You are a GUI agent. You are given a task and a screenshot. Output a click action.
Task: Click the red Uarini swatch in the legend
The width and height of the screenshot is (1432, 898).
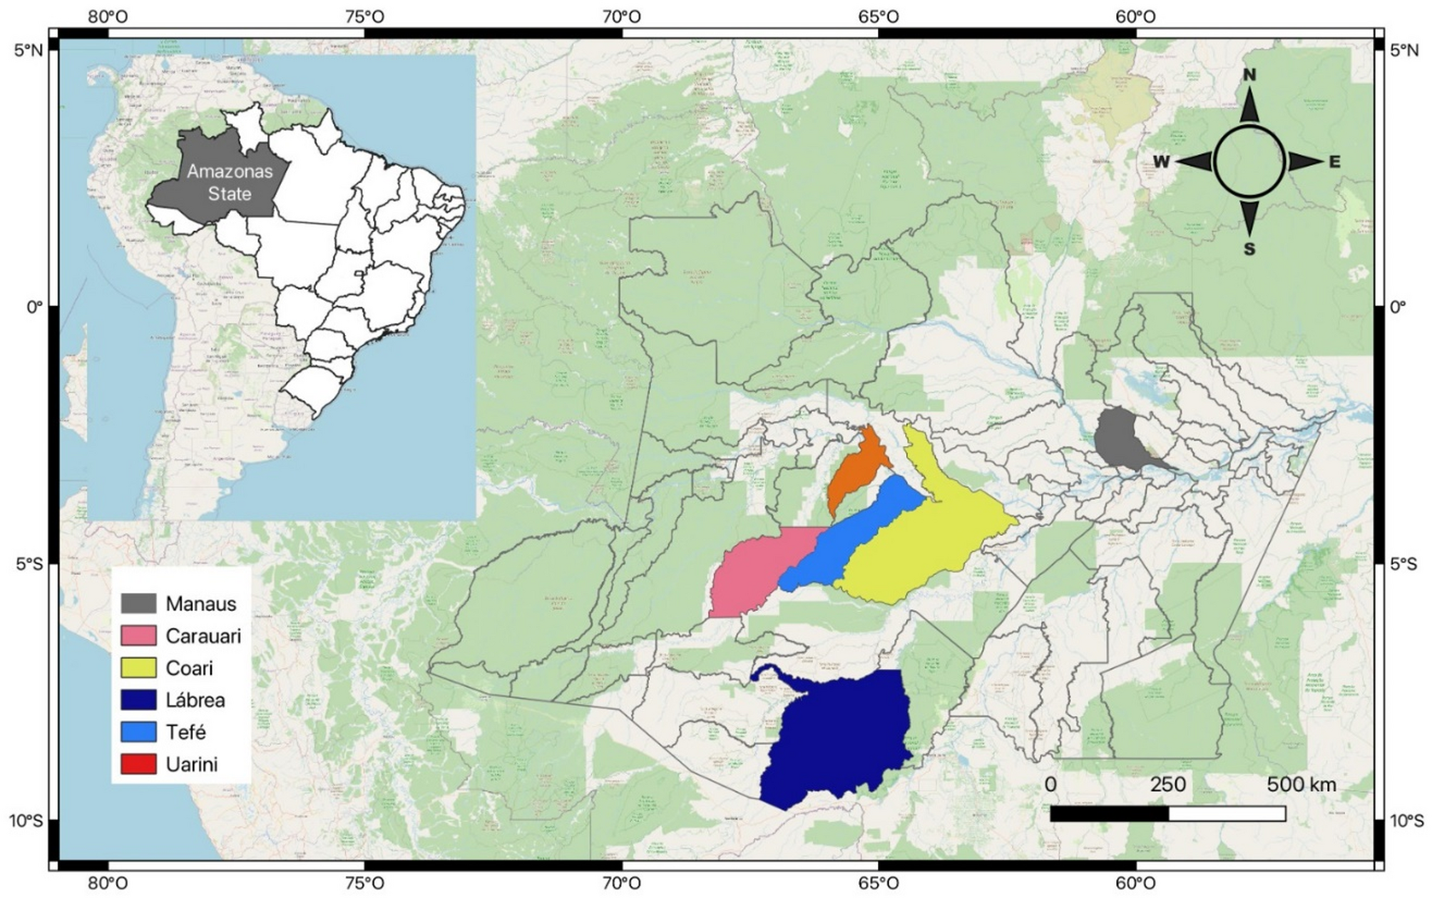[138, 764]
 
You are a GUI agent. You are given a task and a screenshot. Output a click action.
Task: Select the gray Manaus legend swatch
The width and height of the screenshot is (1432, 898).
[138, 603]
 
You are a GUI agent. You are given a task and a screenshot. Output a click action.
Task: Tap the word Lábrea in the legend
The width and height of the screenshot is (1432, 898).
[195, 700]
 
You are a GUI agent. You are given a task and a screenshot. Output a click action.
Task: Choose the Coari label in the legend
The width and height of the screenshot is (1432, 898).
[189, 668]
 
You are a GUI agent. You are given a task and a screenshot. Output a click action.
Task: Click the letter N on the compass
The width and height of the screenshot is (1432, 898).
[1249, 76]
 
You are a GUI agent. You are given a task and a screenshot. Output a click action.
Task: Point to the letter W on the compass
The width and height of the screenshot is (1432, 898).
[1162, 162]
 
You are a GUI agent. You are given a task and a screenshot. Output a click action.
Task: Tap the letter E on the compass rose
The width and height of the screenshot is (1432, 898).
[1334, 162]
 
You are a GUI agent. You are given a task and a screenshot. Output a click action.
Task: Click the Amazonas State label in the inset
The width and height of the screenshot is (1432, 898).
[230, 183]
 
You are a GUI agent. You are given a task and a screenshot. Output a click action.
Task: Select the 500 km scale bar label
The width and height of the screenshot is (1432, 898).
[1301, 785]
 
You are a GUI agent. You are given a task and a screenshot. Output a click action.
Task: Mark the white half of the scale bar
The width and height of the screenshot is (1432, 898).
[1227, 814]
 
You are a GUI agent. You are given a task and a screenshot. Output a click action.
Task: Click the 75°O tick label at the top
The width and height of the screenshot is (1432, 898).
[364, 16]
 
